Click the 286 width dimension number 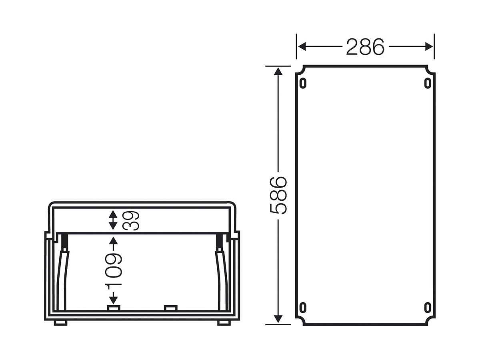[x=365, y=47]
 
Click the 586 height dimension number [x=278, y=196]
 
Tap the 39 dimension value [x=131, y=220]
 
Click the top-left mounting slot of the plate [x=303, y=83]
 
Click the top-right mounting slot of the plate [x=428, y=83]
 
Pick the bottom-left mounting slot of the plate [x=303, y=307]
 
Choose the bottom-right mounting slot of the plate [x=428, y=307]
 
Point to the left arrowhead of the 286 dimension [x=302, y=46]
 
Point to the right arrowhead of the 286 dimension [x=429, y=46]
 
